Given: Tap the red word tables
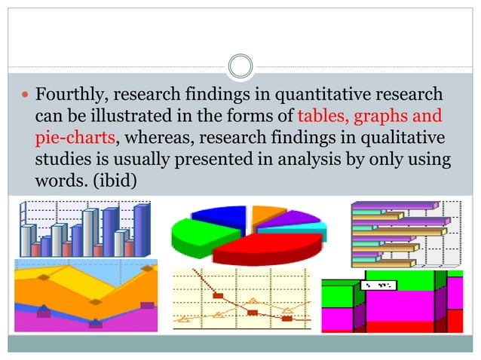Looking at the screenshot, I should pos(322,117).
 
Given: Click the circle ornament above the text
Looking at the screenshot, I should pos(240,66).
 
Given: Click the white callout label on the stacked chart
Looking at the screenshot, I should pos(379,285).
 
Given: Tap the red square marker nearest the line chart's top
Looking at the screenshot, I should pos(218,295).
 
